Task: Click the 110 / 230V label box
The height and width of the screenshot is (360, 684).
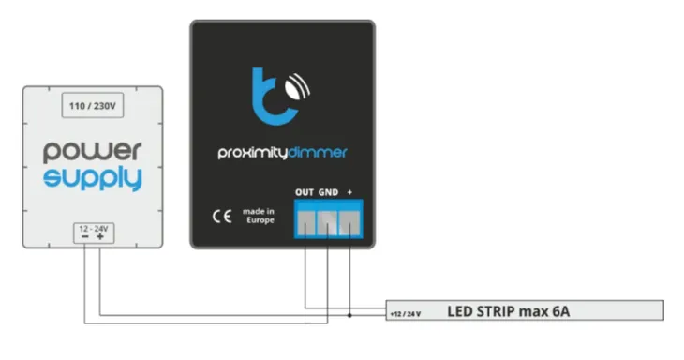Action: (x=92, y=107)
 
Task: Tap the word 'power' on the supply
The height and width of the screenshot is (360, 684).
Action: (x=92, y=150)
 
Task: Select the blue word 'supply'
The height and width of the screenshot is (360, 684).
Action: (x=92, y=178)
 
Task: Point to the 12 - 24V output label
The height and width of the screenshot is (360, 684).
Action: (x=92, y=228)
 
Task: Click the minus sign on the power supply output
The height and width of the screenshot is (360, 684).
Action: (x=84, y=238)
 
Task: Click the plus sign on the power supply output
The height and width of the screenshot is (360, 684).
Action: (x=99, y=238)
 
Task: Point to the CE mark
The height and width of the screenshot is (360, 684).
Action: (x=221, y=216)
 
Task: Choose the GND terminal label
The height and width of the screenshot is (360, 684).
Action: (x=327, y=192)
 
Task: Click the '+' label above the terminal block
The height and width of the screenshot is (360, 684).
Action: (x=349, y=192)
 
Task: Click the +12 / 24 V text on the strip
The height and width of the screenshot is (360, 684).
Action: (x=406, y=313)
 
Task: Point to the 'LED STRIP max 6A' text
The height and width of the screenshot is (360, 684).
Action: (x=507, y=311)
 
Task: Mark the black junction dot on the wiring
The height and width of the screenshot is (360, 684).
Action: (x=349, y=314)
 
